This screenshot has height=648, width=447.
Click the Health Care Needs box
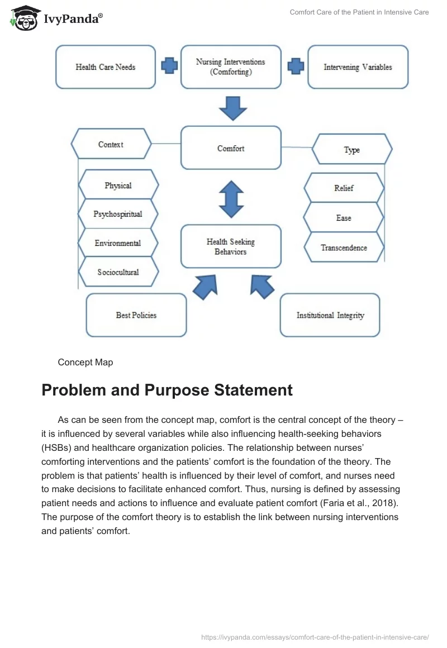tap(106, 67)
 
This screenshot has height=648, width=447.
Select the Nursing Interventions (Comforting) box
tap(231, 67)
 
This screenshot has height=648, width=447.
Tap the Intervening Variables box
tap(358, 67)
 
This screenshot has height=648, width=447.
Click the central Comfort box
tap(231, 148)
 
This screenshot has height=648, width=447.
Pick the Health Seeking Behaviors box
tap(231, 247)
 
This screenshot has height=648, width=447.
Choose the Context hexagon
tap(111, 144)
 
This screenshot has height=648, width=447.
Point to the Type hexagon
tap(352, 150)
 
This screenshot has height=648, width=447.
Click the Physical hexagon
tap(118, 185)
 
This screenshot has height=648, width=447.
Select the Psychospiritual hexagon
tap(118, 214)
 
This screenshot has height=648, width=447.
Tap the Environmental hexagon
tap(118, 243)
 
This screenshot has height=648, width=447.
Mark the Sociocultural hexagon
tap(118, 272)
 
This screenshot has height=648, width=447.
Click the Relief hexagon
tap(344, 188)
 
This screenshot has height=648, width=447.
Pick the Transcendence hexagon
tap(344, 247)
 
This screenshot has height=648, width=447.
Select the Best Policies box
tap(136, 315)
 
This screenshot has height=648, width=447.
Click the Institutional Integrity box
tap(330, 315)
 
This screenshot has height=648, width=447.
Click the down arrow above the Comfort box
tap(232, 108)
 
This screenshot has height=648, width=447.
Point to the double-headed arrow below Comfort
tap(231, 199)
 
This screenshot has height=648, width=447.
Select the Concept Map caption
tap(85, 363)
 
